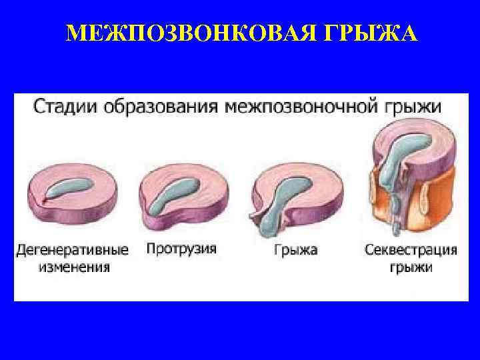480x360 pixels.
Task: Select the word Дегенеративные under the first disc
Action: click(72, 251)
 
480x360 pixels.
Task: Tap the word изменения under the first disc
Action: click(71, 268)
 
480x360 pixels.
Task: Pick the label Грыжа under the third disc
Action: click(295, 251)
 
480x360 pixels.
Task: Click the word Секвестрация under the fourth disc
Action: click(411, 251)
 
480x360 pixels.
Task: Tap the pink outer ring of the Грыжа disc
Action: click(313, 200)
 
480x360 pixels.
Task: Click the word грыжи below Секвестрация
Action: click(411, 268)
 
